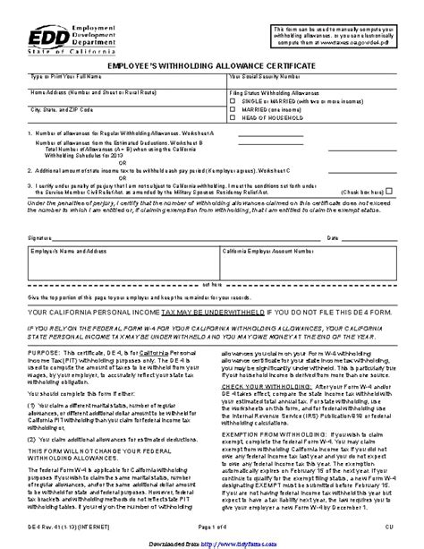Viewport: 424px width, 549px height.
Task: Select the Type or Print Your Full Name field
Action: coord(125,82)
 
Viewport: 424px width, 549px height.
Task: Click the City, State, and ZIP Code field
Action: coord(125,114)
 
